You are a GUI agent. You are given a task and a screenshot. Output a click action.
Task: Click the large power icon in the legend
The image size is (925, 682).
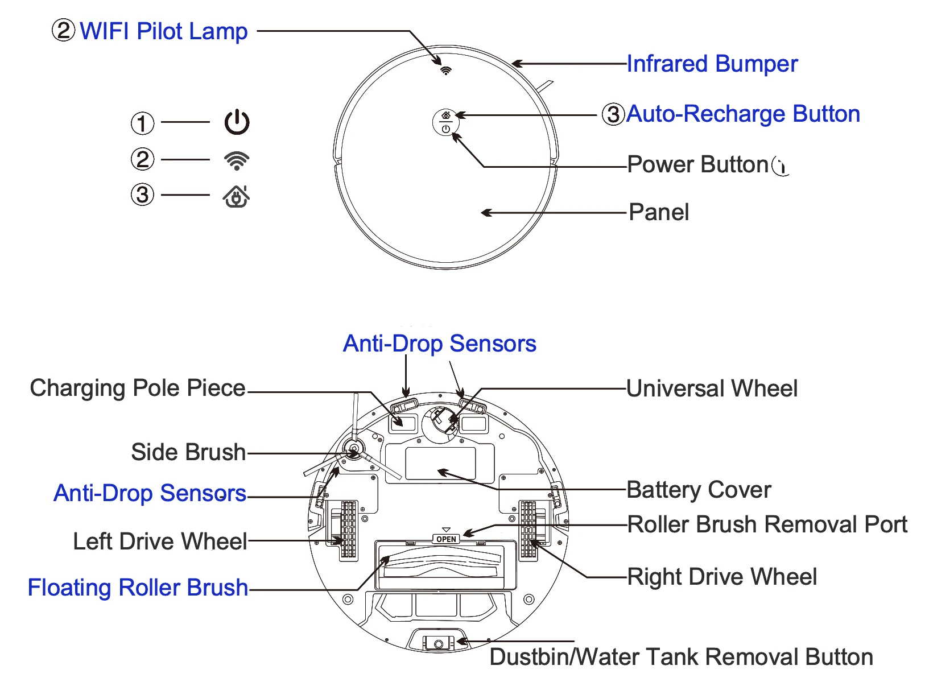pyautogui.click(x=237, y=122)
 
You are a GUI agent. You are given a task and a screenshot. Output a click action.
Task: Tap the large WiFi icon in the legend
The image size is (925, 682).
pyautogui.click(x=237, y=160)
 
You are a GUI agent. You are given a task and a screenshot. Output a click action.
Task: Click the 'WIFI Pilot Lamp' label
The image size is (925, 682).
pyautogui.click(x=163, y=31)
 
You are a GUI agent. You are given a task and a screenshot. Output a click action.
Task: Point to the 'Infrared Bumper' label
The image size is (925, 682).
pyautogui.click(x=712, y=64)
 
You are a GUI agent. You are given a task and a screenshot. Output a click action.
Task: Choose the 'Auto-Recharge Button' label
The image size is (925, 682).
pyautogui.click(x=743, y=114)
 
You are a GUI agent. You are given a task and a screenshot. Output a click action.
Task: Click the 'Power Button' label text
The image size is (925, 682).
pyautogui.click(x=698, y=164)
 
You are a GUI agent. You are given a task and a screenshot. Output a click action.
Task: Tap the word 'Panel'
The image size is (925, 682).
pyautogui.click(x=659, y=212)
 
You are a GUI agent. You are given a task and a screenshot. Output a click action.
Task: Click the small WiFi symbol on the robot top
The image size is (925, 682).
pyautogui.click(x=446, y=71)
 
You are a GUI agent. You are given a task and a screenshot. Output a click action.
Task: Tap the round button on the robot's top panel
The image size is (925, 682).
pyautogui.click(x=445, y=122)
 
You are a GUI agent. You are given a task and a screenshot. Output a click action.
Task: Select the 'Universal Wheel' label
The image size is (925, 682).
pyautogui.click(x=712, y=388)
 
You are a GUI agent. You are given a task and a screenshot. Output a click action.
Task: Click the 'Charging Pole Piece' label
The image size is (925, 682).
pyautogui.click(x=138, y=388)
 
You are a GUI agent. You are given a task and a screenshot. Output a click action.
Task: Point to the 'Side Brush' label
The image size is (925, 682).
pyautogui.click(x=188, y=452)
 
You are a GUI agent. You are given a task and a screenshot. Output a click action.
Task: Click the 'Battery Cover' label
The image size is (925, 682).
pyautogui.click(x=699, y=490)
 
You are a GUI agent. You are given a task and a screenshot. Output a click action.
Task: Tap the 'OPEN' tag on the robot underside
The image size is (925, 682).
pyautogui.click(x=446, y=539)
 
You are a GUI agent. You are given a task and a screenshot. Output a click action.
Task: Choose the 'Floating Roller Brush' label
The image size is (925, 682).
pyautogui.click(x=138, y=588)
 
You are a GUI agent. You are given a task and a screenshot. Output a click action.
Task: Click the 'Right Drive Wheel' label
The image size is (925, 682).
pyautogui.click(x=722, y=577)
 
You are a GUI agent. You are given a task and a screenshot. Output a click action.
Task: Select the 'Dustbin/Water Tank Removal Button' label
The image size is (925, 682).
pyautogui.click(x=681, y=657)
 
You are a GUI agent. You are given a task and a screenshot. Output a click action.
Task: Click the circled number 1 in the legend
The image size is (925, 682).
pyautogui.click(x=142, y=123)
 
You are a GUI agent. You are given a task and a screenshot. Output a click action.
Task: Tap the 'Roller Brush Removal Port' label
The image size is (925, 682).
pyautogui.click(x=767, y=524)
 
